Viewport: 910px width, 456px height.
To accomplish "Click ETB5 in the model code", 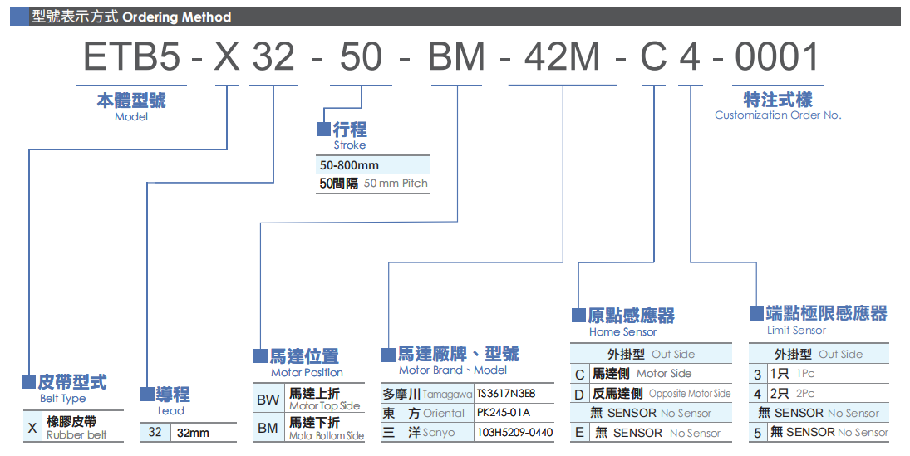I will coord(131,57).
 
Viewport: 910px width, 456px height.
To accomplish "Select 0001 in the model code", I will coord(778,57).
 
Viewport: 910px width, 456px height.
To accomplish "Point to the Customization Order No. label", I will coord(778,115).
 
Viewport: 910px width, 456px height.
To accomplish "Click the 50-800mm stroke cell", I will coord(349,165).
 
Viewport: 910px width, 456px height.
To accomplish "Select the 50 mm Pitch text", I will coord(396,184).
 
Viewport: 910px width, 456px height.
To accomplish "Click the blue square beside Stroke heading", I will coord(323,130).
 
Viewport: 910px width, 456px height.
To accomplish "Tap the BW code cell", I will coord(268,400).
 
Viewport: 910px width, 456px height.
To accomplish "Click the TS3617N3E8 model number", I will coord(506,394).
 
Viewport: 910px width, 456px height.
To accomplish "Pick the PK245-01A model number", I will coord(503,413).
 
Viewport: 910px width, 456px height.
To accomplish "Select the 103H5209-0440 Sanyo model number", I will coord(514,433).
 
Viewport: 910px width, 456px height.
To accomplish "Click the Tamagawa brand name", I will coord(447,394).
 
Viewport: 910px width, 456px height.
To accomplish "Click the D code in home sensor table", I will coord(579,394).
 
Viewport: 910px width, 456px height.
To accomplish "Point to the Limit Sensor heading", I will coord(796,331).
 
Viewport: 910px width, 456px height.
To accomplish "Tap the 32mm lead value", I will coord(193,433).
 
